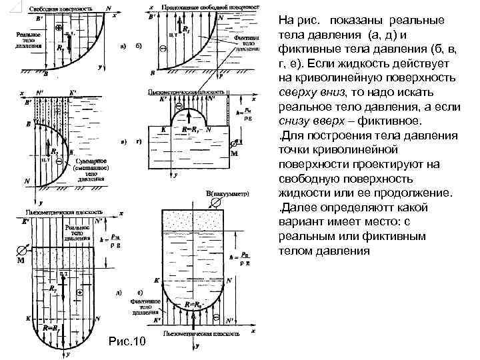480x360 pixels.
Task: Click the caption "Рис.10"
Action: (x=125, y=343)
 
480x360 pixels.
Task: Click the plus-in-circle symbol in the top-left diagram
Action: (x=59, y=29)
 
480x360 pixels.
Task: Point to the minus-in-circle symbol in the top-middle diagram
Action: (x=164, y=49)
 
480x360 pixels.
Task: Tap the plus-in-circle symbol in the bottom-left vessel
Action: (x=79, y=293)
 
